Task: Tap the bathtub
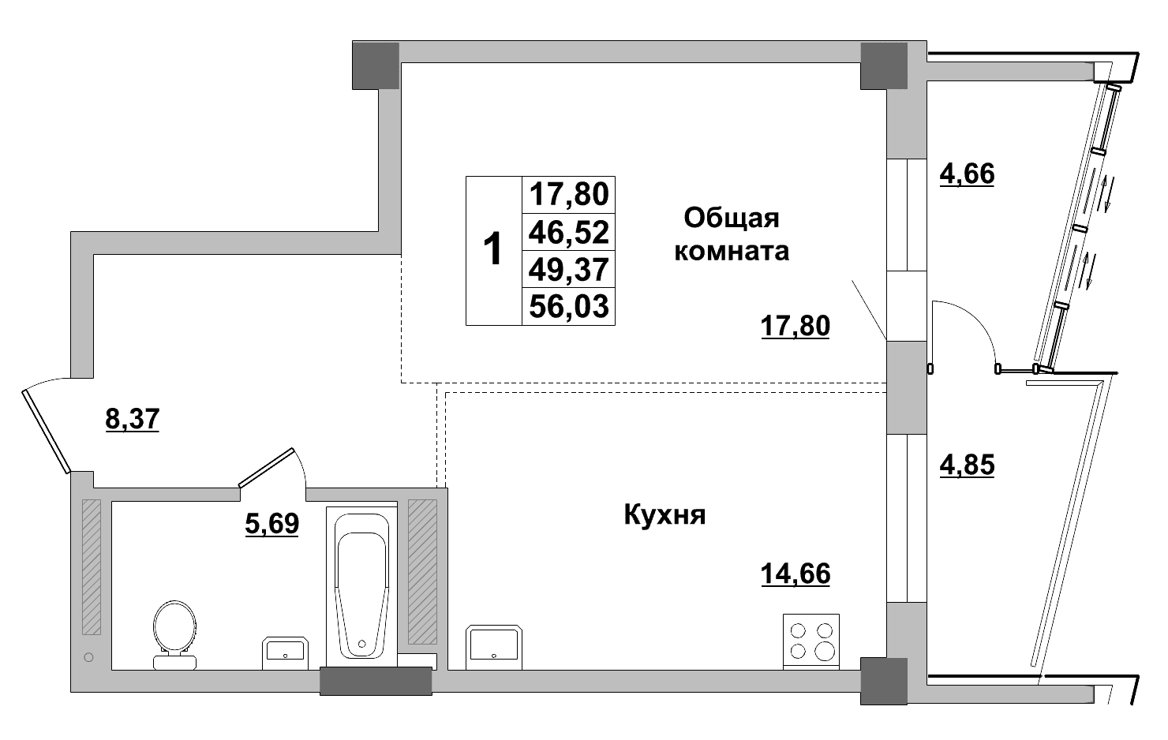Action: point(362,587)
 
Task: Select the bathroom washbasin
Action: point(285,652)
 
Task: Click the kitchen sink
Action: point(494,647)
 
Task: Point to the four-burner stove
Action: point(811,641)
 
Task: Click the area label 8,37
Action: point(133,419)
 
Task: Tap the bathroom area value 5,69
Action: point(272,524)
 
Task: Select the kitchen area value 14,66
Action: point(796,574)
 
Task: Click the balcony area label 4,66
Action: point(968,174)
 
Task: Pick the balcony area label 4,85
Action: point(968,465)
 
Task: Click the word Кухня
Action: point(664,515)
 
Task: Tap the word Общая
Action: point(732,219)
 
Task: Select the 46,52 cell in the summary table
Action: point(569,233)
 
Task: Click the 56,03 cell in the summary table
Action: point(569,306)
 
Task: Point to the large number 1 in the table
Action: point(492,250)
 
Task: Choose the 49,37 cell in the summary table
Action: point(569,270)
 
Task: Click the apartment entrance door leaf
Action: point(46,432)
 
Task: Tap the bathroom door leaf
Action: point(267,467)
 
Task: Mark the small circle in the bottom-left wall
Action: point(88,658)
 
